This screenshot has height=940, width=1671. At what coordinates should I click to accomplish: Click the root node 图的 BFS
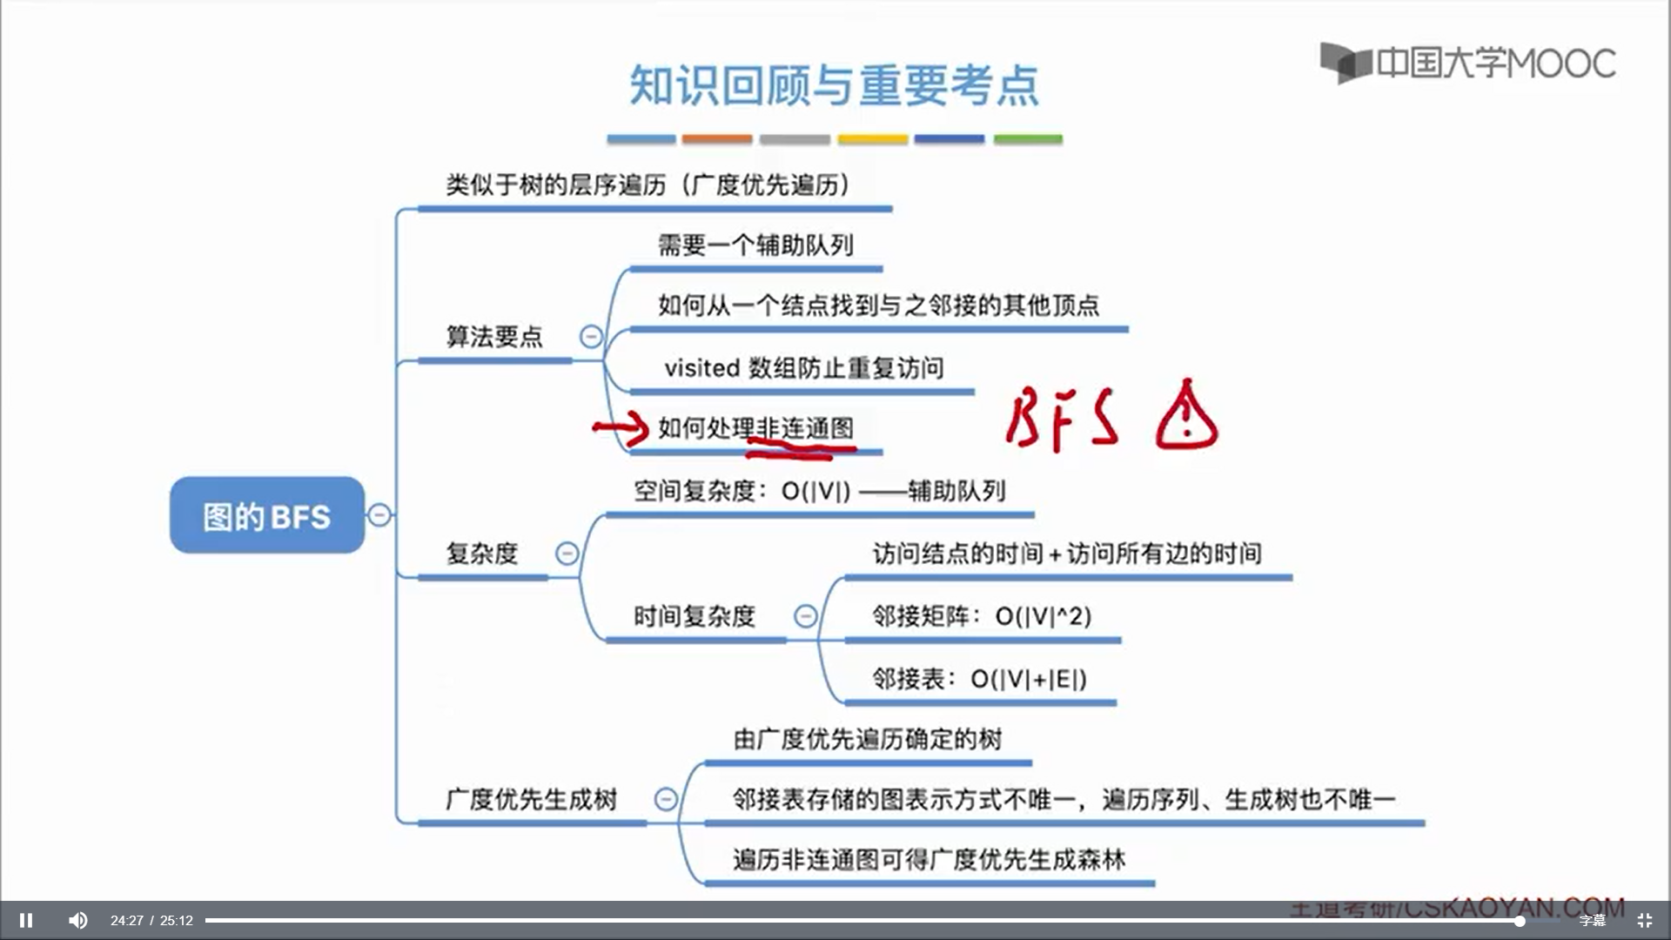coord(266,515)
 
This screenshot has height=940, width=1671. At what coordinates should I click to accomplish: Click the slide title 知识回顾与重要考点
coord(834,85)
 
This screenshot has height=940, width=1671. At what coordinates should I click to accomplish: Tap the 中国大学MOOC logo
coord(1468,63)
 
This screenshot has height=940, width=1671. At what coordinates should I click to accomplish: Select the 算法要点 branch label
coord(493,337)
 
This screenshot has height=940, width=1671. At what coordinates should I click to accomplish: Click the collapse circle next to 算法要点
coord(591,336)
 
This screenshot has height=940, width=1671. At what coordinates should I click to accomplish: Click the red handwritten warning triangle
coord(1185,417)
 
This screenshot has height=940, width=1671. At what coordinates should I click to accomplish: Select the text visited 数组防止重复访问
coord(803,368)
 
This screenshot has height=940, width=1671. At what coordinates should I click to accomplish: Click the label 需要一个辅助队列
coord(755,245)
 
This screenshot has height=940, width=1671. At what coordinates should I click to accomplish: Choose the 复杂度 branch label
coord(481,554)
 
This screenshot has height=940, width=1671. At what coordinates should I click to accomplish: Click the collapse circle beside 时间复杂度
coord(805,616)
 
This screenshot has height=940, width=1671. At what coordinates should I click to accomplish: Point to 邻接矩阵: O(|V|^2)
coord(981,616)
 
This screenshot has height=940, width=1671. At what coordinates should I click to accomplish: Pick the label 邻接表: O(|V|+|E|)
coord(979,679)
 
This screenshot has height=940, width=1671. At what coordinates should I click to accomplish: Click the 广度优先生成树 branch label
coord(531,799)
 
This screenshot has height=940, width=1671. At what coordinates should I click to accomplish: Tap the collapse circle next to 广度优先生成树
coord(666,799)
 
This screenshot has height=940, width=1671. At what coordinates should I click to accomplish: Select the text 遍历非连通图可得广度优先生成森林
coord(929,860)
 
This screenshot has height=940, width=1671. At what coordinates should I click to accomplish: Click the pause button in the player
coord(26,920)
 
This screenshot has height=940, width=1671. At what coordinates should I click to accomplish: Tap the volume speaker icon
coord(77,920)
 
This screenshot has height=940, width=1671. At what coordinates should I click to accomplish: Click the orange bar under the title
coord(716,139)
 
